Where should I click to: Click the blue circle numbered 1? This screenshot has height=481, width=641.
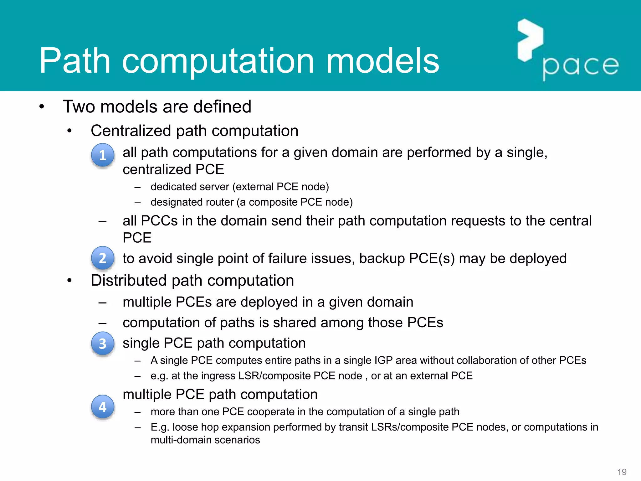coord(103,155)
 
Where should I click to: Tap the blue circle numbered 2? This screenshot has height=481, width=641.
coord(103,258)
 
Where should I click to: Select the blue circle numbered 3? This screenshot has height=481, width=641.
coord(103,344)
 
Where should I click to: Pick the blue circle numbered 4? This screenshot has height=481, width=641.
coord(103,407)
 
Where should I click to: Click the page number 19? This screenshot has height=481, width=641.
coord(622,472)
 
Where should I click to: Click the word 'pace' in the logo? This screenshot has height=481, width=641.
coord(581,66)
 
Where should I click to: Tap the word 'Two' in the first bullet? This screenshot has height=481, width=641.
coord(79,106)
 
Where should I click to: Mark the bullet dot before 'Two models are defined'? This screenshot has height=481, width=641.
coord(42,107)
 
